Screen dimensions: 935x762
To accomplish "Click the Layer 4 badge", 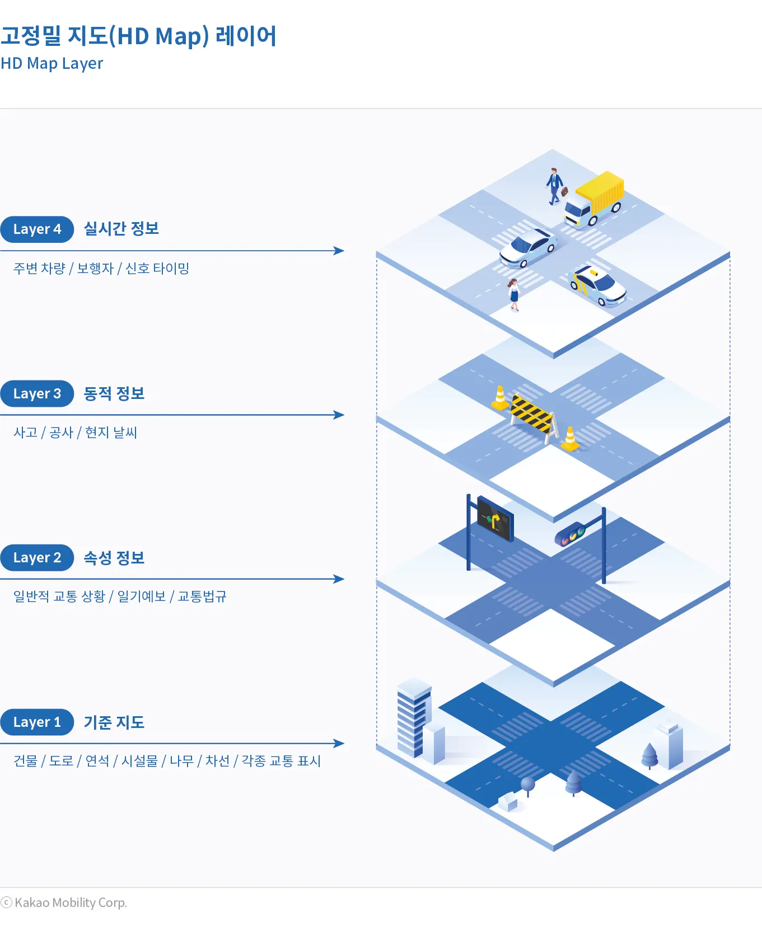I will click(x=37, y=229).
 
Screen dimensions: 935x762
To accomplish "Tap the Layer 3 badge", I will click(x=37, y=394).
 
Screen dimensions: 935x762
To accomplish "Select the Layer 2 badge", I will click(x=37, y=558).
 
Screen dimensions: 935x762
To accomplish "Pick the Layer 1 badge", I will click(x=37, y=722).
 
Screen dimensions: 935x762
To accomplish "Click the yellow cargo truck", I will click(x=595, y=199).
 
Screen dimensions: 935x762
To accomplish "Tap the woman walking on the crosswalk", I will click(x=514, y=294).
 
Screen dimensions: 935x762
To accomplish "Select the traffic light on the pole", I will click(x=570, y=534).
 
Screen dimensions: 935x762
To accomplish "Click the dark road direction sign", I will click(x=495, y=519).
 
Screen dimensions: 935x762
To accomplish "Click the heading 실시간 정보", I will click(x=121, y=229).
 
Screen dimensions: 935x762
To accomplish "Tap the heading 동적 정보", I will click(x=114, y=393).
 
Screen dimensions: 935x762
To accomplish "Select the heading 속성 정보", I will click(x=114, y=558).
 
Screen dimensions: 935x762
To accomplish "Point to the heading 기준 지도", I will click(x=114, y=722).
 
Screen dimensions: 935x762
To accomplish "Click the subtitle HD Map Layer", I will click(x=52, y=64).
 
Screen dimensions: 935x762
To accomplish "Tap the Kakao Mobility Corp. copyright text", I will click(x=71, y=903).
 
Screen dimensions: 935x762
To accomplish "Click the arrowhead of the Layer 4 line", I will click(x=339, y=251).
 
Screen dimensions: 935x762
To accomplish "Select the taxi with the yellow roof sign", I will click(x=597, y=285).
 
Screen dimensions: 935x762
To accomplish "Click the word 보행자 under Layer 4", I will click(x=95, y=269).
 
